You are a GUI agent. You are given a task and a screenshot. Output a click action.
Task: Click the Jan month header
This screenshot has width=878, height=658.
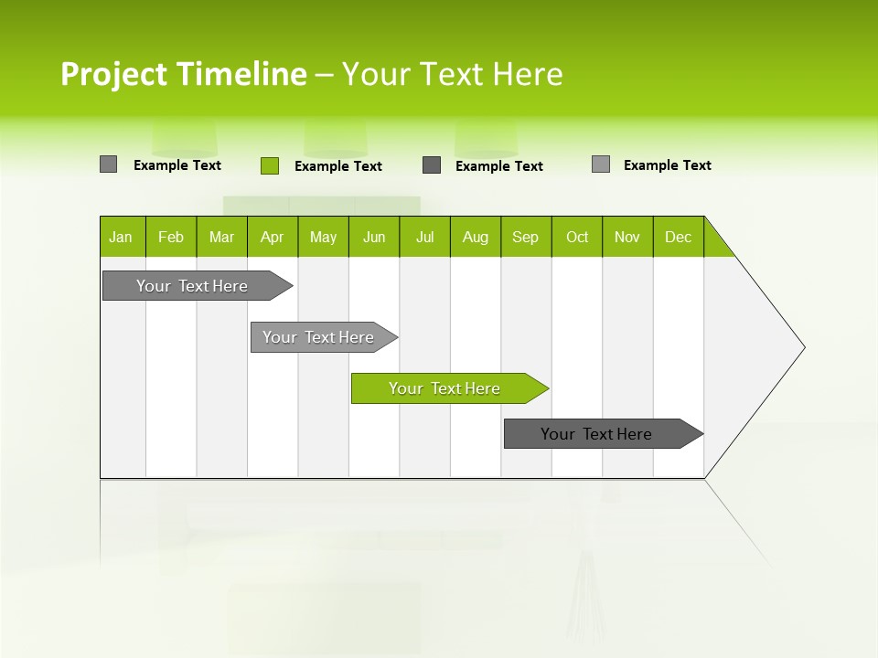pos(122,237)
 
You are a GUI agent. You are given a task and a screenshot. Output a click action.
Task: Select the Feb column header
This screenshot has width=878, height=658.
pos(171,237)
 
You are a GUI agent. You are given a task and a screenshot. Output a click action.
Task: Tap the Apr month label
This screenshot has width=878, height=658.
pos(273,237)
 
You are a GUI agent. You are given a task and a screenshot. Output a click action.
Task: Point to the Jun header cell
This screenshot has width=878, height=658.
pos(374,237)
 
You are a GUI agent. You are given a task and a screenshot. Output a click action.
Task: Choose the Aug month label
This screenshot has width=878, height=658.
pos(476,237)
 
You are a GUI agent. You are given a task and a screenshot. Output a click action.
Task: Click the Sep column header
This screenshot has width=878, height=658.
pos(526,237)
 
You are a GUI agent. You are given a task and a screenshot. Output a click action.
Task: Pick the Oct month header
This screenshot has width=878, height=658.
pos(577,237)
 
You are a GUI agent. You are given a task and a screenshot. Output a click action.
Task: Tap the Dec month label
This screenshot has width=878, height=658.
pos(679,237)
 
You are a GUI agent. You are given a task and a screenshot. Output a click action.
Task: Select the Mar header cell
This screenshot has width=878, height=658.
pos(221,237)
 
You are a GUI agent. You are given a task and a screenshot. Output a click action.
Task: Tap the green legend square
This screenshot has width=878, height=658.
pos(270,165)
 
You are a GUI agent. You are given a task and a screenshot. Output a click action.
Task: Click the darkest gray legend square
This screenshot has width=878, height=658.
pos(432,165)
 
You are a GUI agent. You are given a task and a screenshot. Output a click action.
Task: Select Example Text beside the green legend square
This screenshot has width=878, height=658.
pos(338,166)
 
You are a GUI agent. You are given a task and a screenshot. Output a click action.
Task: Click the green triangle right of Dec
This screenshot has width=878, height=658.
pos(716,243)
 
